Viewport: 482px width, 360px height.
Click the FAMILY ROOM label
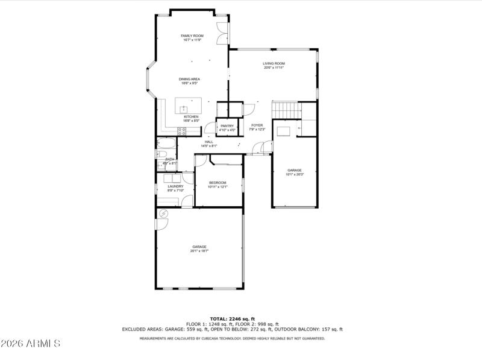192,36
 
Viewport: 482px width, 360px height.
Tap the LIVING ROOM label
274,63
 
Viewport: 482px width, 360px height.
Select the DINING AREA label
189,79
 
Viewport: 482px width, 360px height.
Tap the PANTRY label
227,125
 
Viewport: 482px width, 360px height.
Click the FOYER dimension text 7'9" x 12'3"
258,130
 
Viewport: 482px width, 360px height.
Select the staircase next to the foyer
286,110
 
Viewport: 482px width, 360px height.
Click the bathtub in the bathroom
166,144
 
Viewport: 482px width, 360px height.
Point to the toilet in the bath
163,163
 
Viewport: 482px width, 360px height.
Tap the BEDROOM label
218,183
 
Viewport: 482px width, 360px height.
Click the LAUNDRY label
175,186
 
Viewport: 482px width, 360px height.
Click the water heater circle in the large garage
163,213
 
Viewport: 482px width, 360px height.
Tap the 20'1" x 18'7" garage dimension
199,250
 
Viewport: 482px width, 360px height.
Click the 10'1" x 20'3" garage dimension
295,174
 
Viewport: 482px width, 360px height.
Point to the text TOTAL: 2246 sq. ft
232,318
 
